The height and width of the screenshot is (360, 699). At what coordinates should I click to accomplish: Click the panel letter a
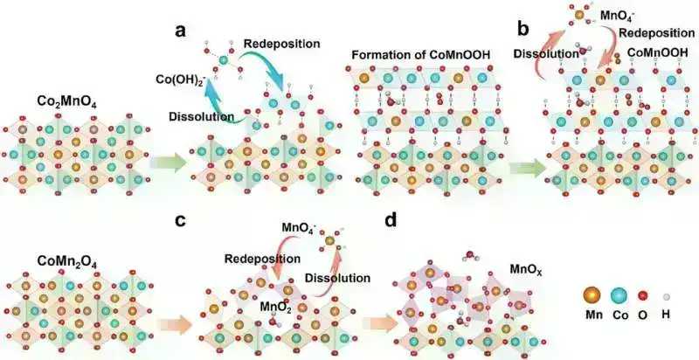click(x=180, y=31)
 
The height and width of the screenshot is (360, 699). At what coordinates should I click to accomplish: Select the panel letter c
click(x=180, y=219)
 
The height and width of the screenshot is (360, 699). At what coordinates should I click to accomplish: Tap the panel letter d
click(x=390, y=219)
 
